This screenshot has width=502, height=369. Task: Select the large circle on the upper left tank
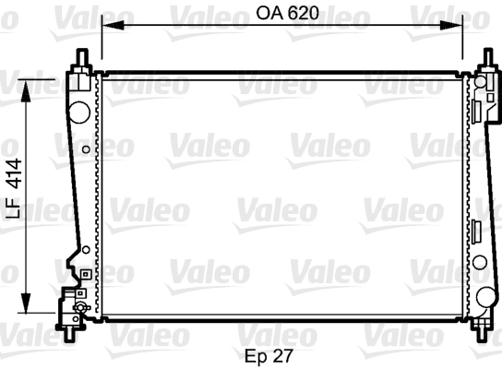(79, 112)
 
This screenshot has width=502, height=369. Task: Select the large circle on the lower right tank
(485, 296)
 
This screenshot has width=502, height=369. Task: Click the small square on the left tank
(84, 274)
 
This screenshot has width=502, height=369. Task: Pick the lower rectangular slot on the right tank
(477, 231)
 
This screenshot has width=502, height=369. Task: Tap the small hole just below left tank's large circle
(86, 149)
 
